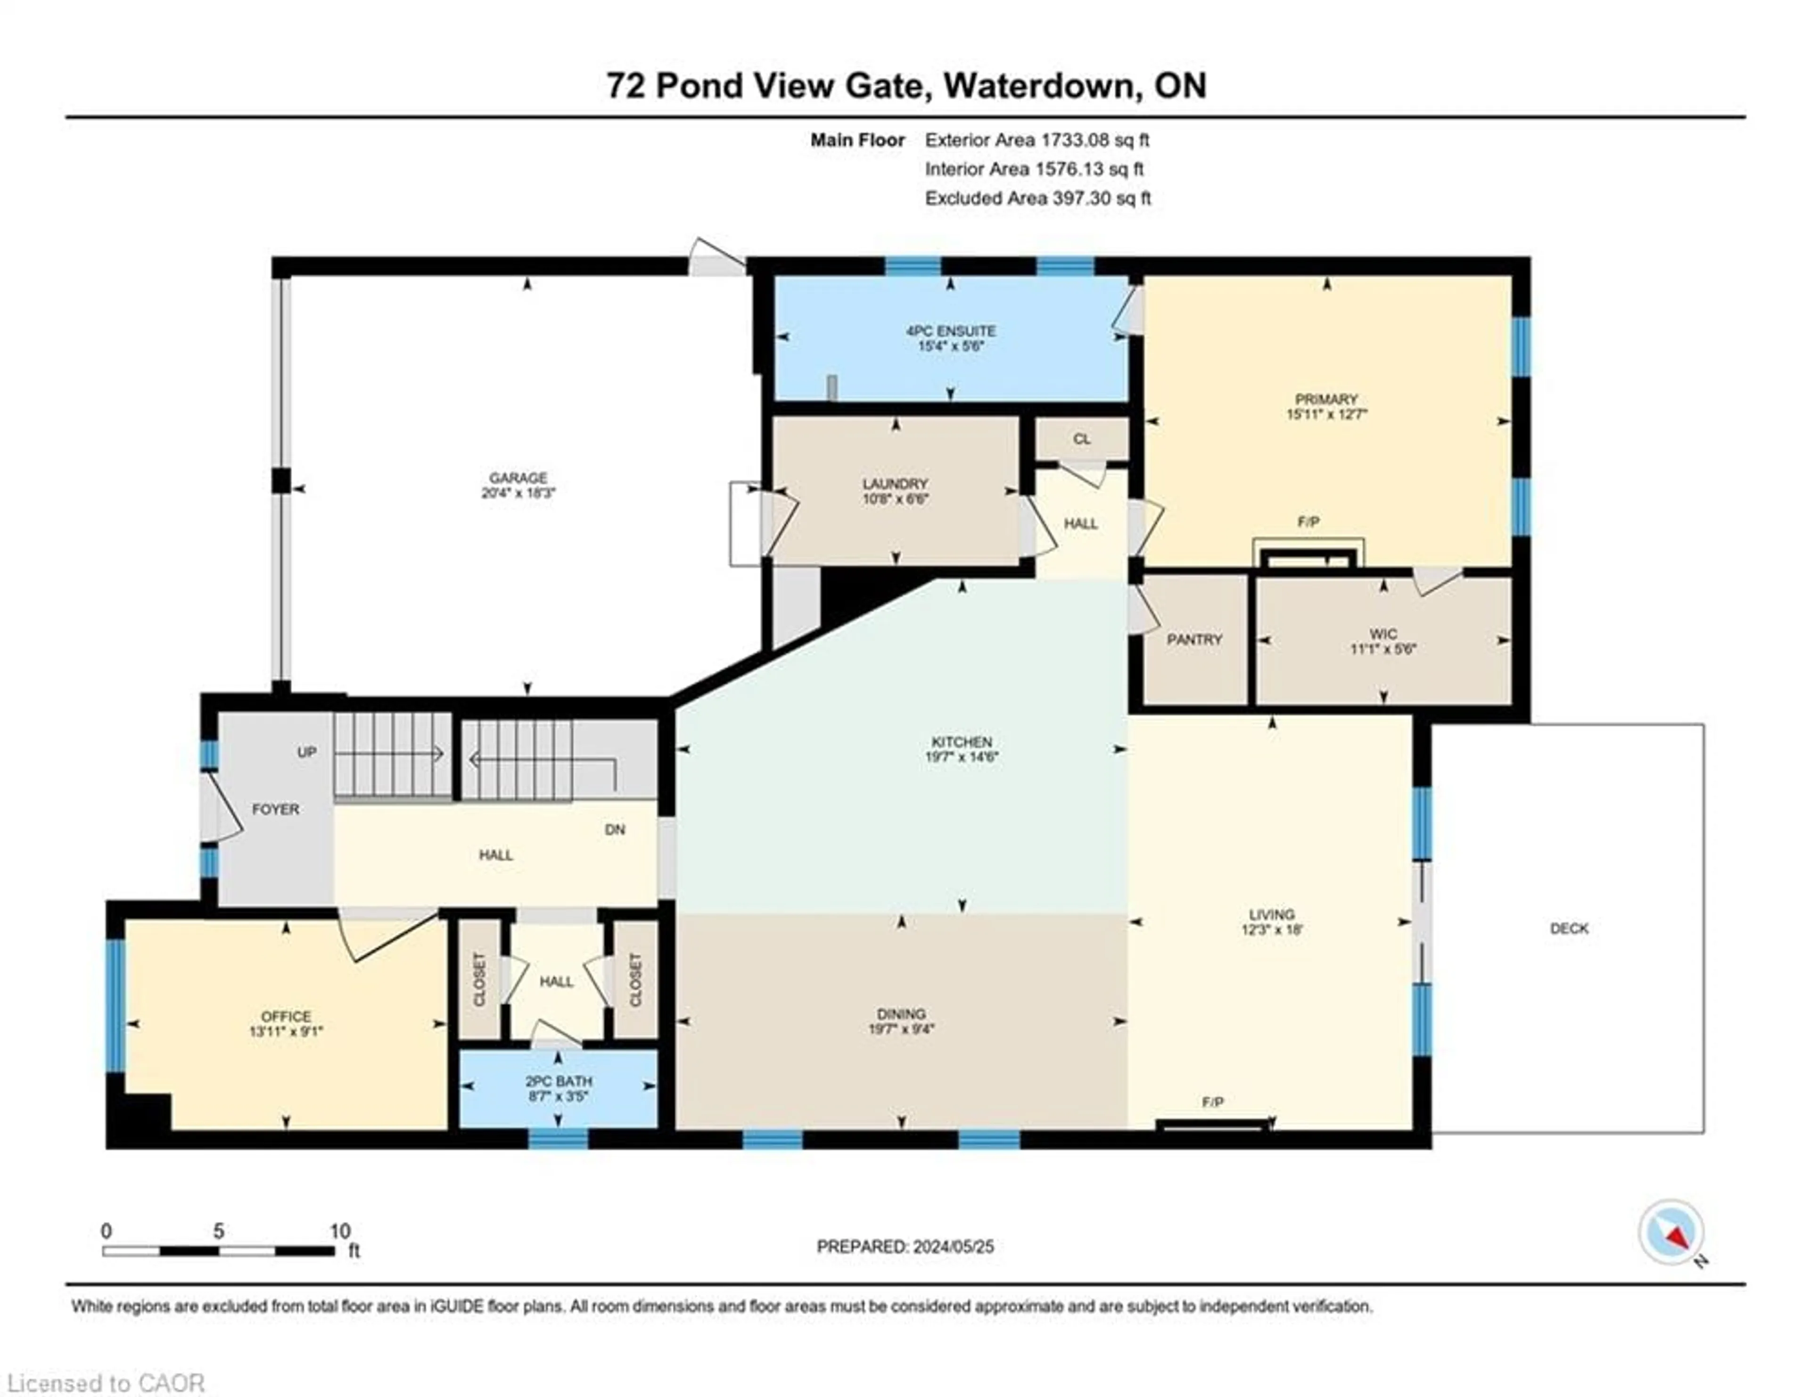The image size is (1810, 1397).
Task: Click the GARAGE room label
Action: (x=518, y=477)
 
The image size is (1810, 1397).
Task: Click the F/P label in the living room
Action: (x=1212, y=1102)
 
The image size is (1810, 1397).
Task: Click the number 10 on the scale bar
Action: (x=340, y=1231)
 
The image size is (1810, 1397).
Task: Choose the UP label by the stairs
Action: (x=307, y=752)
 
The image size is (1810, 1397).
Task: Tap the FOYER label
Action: (x=276, y=809)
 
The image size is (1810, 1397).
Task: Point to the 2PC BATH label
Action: (x=559, y=1081)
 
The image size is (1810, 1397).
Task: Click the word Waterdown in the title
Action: (x=1041, y=85)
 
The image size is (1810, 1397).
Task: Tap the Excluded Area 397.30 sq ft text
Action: (x=1037, y=198)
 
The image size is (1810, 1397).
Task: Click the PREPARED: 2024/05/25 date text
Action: (x=905, y=1246)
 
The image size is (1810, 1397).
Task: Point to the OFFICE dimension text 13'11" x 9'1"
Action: (x=286, y=1032)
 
